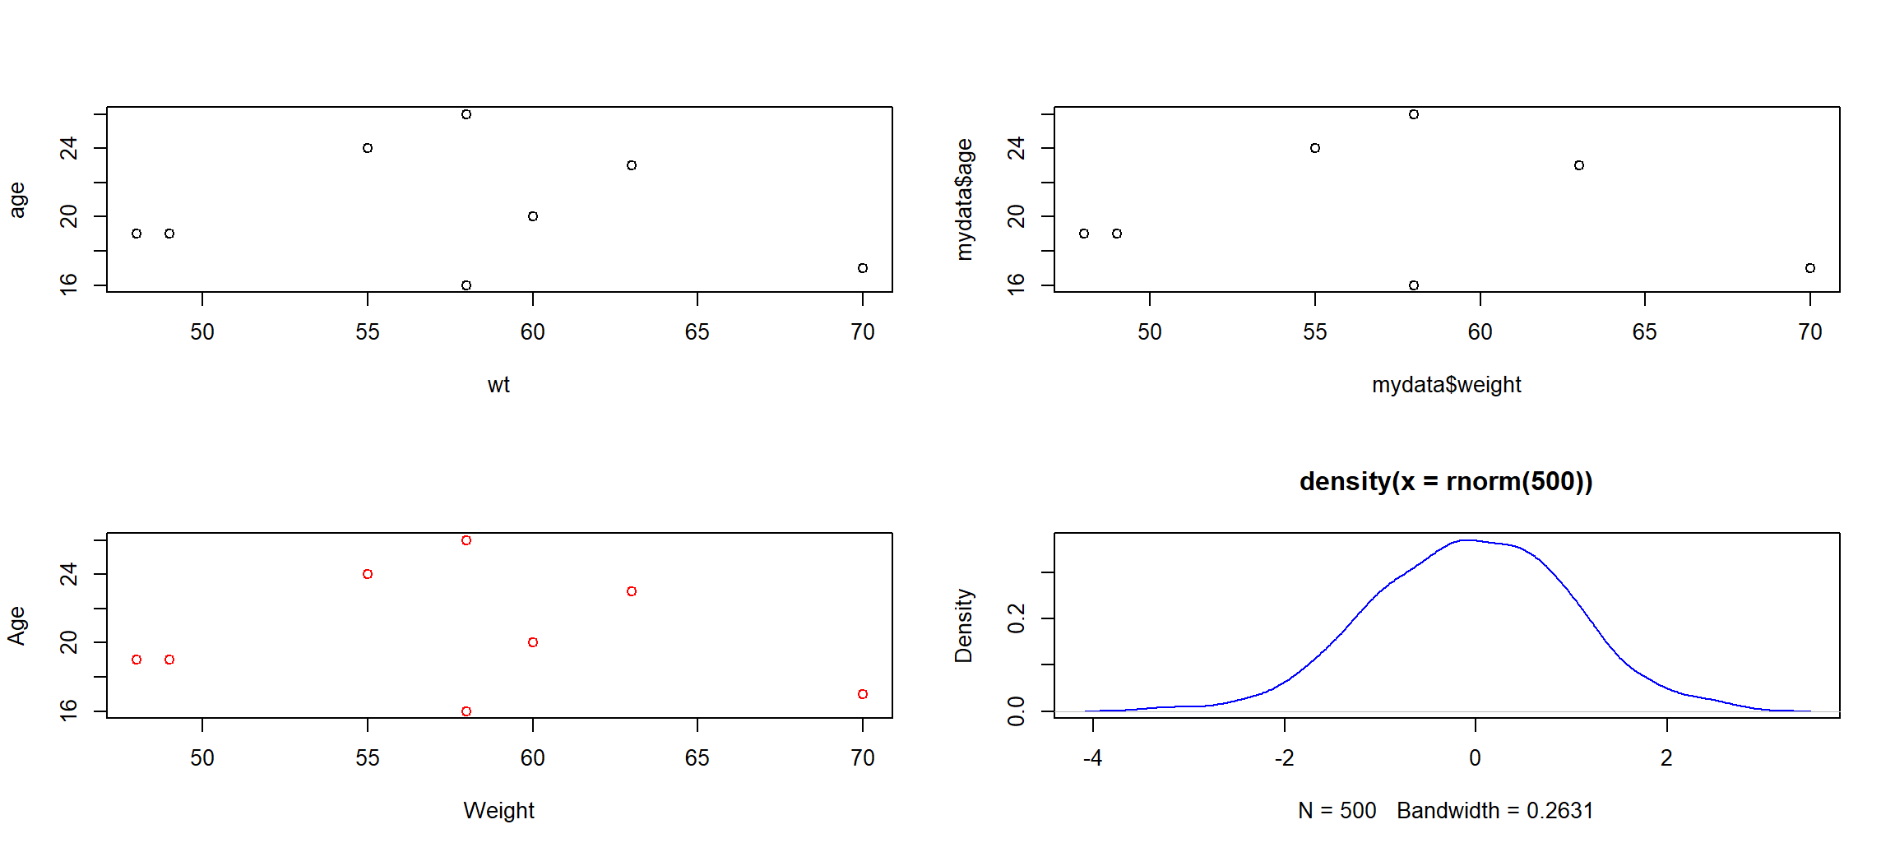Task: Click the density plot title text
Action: click(1445, 481)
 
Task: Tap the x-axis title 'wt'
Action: click(498, 385)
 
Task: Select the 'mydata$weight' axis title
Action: click(1446, 385)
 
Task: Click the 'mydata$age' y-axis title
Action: click(964, 200)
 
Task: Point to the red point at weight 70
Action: click(863, 694)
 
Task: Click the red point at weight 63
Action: click(632, 591)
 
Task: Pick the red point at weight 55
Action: click(368, 574)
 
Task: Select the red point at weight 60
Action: click(533, 642)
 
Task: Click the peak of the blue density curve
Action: click(1466, 540)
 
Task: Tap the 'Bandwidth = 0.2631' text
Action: click(1494, 811)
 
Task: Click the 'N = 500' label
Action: click(1337, 811)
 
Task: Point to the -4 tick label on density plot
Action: click(1092, 758)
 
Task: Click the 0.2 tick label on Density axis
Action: click(1017, 618)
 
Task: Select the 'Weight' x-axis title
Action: click(498, 811)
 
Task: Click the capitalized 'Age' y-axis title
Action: click(17, 626)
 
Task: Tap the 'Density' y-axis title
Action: click(964, 626)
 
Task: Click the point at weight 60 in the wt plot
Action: click(533, 216)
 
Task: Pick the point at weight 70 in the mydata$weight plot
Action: click(1810, 268)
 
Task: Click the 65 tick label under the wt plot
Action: click(697, 332)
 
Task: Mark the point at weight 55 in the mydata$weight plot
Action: click(1315, 148)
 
